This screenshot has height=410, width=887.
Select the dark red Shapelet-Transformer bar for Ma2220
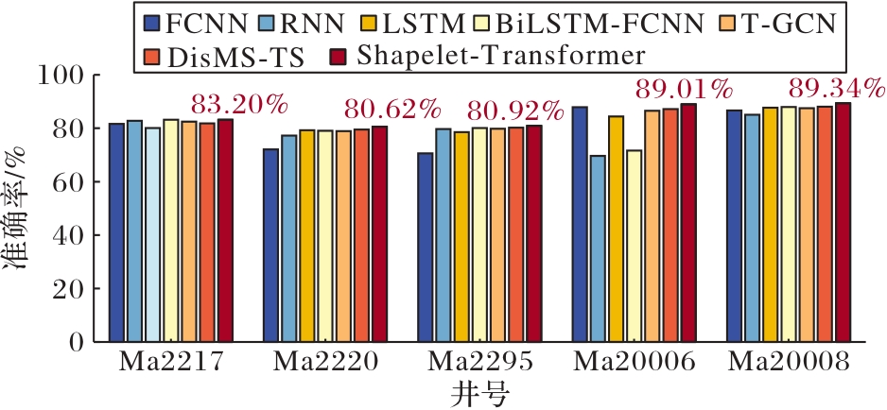(x=379, y=234)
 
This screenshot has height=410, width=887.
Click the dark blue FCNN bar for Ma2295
(x=426, y=248)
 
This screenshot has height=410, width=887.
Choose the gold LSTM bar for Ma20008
(x=771, y=225)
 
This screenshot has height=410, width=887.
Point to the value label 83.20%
(x=239, y=105)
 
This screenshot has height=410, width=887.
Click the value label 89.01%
(x=684, y=90)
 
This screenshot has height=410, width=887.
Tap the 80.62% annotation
(x=392, y=111)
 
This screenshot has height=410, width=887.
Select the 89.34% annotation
(x=837, y=88)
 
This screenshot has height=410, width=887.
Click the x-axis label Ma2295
(x=479, y=363)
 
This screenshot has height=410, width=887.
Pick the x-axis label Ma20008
(x=789, y=363)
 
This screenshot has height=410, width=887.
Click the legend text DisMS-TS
(x=235, y=57)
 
